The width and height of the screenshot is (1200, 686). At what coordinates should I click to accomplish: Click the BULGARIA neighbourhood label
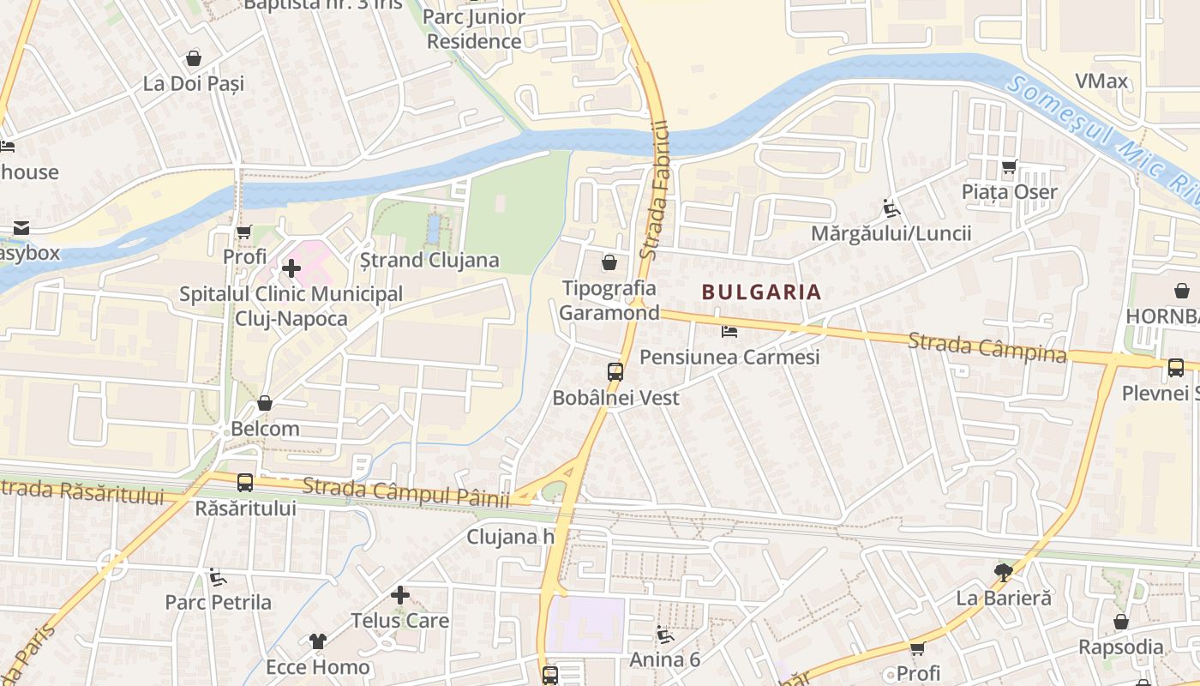coord(761,292)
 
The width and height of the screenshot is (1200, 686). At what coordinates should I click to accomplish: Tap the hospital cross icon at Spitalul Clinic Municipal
coord(291,268)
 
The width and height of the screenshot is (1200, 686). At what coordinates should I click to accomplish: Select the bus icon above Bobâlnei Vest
coord(615,372)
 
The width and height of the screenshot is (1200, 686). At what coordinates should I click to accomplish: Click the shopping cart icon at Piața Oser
coord(1009,167)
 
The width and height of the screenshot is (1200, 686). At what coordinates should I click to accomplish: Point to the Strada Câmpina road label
coord(987,347)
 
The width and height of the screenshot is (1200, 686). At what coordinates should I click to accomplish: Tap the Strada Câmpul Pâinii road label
coord(406,492)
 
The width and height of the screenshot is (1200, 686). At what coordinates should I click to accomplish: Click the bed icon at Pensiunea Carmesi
coord(729,331)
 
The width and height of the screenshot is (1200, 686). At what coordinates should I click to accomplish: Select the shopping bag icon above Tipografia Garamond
coord(609,262)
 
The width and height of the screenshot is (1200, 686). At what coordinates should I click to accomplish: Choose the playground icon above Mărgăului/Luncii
coord(891,208)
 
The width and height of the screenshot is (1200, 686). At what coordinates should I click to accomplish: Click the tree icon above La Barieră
coord(1003,572)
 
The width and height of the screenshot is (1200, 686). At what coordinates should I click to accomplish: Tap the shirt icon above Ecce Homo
coord(318,641)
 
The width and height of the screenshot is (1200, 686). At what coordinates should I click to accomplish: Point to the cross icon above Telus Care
coord(399,594)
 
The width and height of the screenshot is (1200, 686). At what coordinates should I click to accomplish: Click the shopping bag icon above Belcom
coord(265,403)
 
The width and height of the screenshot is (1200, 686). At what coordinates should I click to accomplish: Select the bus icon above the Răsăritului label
coord(245,483)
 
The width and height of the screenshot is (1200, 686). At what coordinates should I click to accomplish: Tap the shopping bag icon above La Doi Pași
coord(194,58)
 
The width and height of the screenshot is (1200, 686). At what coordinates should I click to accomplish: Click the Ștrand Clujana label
coord(429,260)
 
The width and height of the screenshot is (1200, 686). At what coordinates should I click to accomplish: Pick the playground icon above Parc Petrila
coord(218,577)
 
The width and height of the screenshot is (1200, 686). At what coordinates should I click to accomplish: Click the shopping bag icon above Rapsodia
coord(1120,622)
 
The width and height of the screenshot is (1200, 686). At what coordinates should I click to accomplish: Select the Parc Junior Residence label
coord(474,28)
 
